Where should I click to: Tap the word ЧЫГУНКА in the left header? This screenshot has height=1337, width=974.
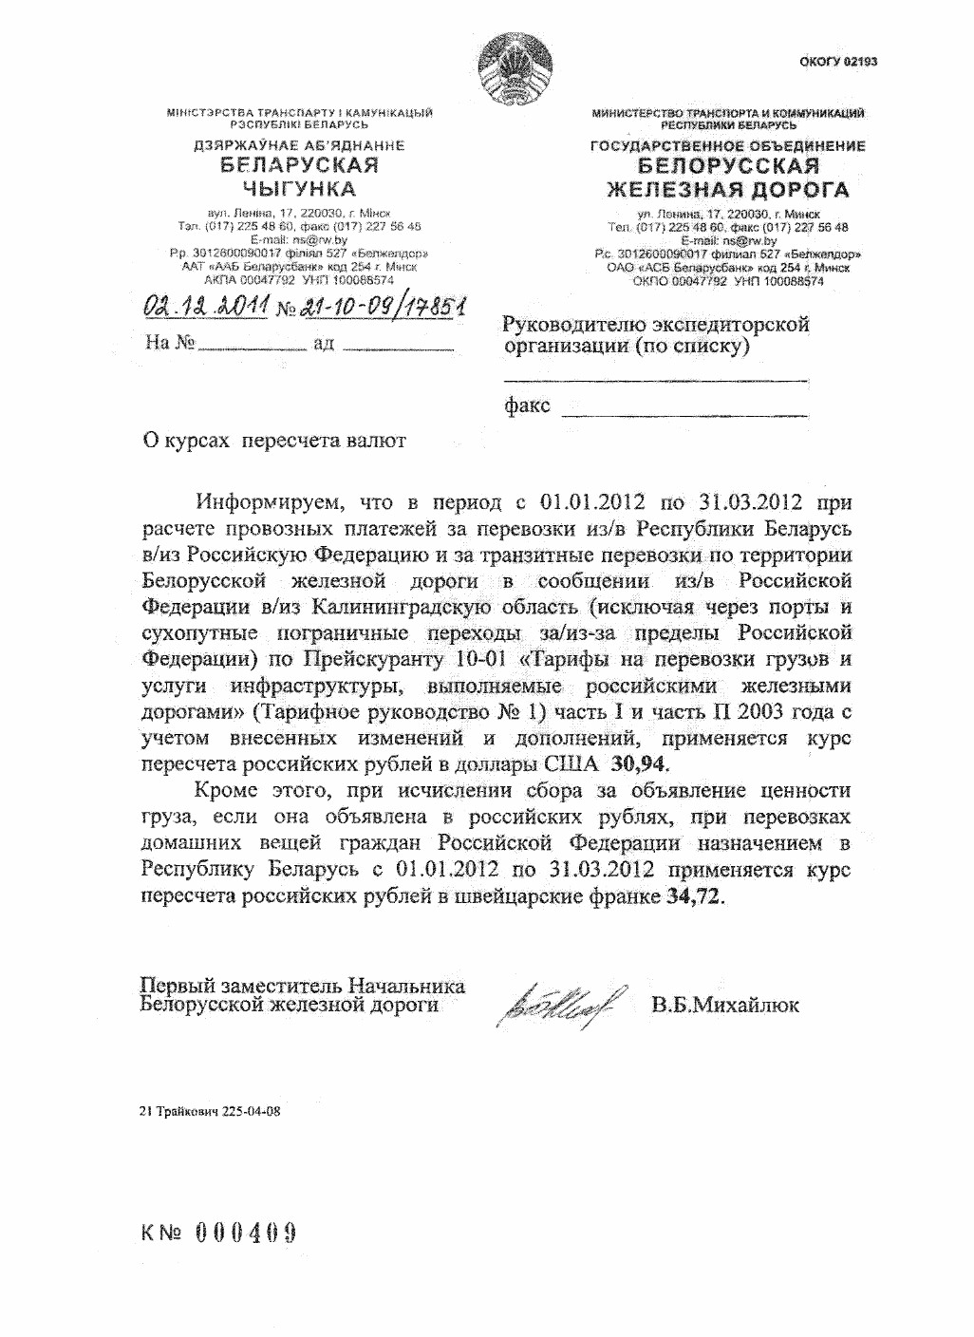300,188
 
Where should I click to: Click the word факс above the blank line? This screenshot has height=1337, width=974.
527,406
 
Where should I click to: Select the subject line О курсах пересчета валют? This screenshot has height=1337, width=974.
273,441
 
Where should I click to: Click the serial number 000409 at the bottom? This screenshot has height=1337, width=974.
246,1233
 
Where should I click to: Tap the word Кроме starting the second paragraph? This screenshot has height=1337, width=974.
225,790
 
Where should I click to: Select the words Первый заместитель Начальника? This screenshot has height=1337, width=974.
302,985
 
